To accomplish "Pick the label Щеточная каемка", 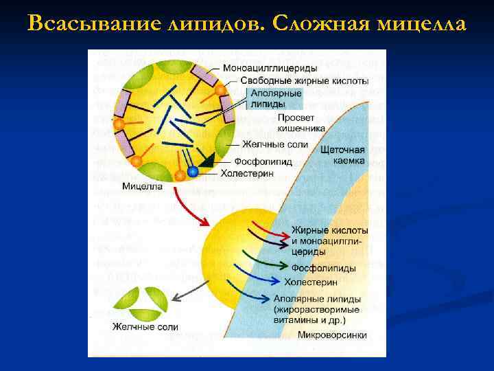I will [x=342, y=155].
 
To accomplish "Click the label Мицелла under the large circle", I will [x=142, y=186].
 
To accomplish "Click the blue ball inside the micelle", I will [x=193, y=172].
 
